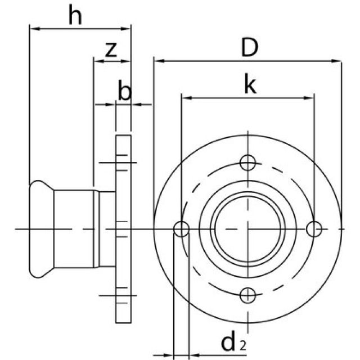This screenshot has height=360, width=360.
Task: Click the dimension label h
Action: [x=75, y=16]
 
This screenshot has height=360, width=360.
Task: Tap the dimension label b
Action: [x=125, y=91]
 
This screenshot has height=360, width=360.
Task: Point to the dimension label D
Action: [x=249, y=48]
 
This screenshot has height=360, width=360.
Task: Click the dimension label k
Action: [x=250, y=85]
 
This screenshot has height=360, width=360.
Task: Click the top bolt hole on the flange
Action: [x=247, y=163]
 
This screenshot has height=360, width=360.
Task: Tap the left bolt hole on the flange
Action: [x=181, y=229]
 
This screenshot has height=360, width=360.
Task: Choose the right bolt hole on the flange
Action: [x=314, y=229]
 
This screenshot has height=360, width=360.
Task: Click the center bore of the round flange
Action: [x=247, y=229]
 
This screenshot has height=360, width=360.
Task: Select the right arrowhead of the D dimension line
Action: [x=337, y=61]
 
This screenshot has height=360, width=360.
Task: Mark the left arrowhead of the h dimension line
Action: [x=33, y=27]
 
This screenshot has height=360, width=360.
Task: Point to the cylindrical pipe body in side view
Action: [x=76, y=229]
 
